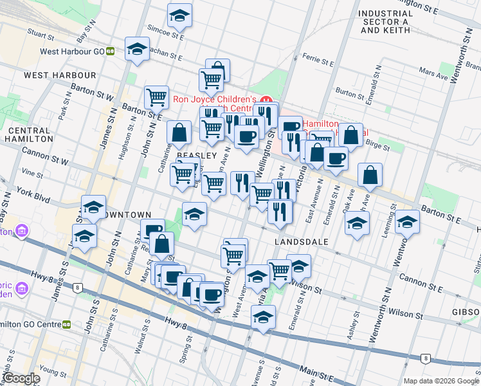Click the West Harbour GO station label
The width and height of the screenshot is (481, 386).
(72, 51)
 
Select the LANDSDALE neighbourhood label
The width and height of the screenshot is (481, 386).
(302, 241)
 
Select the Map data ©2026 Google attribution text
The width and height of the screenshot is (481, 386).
(441, 381)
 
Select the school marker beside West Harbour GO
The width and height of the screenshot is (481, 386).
(137, 49)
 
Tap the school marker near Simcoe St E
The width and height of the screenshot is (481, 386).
(180, 15)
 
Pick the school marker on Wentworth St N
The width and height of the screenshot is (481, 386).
(407, 221)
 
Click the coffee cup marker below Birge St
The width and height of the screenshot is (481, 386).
(336, 158)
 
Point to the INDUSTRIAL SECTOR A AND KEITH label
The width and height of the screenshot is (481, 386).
(385, 21)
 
